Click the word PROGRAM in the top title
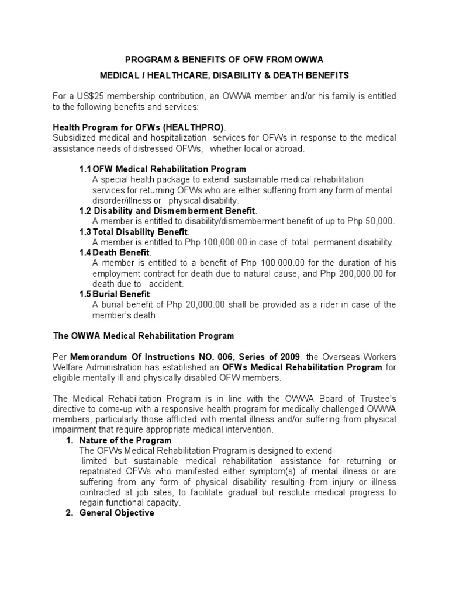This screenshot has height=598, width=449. click(148, 59)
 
